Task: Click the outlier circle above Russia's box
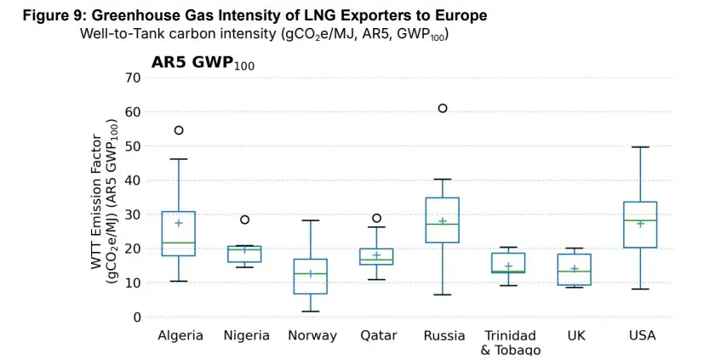pyautogui.click(x=443, y=108)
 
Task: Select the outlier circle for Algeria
pyautogui.click(x=179, y=130)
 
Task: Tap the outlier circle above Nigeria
pyautogui.click(x=245, y=220)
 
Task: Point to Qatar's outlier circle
pyautogui.click(x=377, y=218)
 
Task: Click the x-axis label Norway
pyautogui.click(x=312, y=335)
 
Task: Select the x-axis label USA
pyautogui.click(x=642, y=335)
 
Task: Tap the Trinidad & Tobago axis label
pyautogui.click(x=509, y=342)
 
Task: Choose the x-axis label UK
pyautogui.click(x=575, y=335)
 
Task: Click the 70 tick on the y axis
pyautogui.click(x=131, y=77)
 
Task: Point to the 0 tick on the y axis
pyautogui.click(x=135, y=317)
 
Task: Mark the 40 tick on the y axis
pyautogui.click(x=131, y=180)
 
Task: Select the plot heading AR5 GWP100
pyautogui.click(x=203, y=62)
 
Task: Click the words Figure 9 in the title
pyautogui.click(x=52, y=15)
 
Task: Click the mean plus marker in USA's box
pyautogui.click(x=641, y=224)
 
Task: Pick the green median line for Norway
pyautogui.click(x=311, y=274)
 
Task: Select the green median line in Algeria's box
pyautogui.click(x=179, y=243)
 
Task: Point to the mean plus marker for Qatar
pyautogui.click(x=377, y=255)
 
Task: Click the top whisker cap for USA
pyautogui.click(x=641, y=147)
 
